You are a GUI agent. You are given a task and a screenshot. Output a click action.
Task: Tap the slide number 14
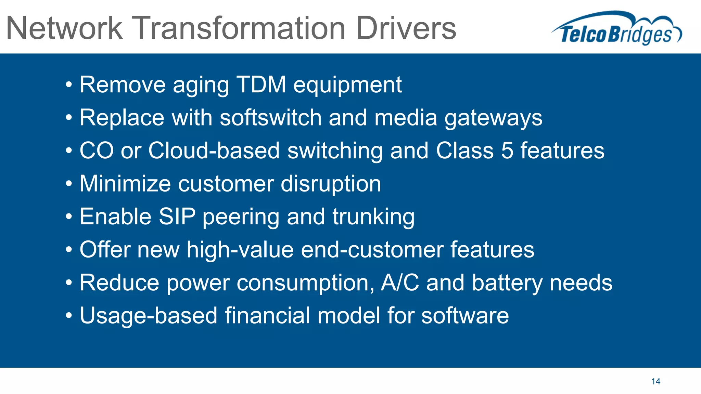(655, 382)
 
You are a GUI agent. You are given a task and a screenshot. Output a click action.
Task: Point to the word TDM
(261, 84)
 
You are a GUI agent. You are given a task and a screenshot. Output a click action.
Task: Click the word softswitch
(270, 118)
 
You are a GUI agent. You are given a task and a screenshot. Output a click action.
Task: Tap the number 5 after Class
(507, 150)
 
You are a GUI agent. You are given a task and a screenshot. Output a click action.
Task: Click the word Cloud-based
(214, 150)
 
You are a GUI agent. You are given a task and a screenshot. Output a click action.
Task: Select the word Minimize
(125, 184)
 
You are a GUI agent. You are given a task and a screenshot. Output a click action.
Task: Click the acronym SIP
(177, 216)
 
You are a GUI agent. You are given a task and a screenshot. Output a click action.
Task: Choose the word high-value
(240, 250)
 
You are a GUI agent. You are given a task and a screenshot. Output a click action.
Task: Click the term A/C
(400, 283)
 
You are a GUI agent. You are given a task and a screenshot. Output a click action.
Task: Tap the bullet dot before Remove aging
(69, 84)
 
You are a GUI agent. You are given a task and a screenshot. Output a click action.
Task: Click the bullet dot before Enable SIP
(69, 216)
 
